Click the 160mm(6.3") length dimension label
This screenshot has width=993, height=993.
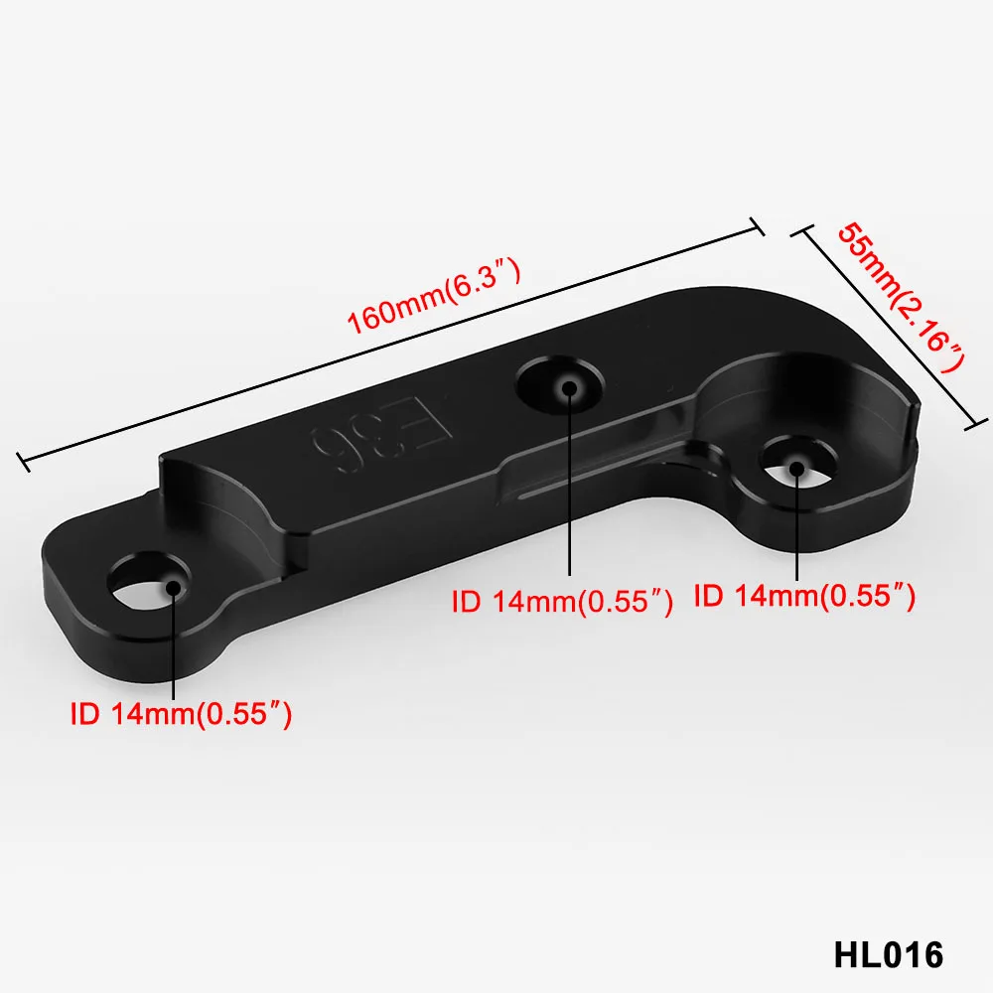[435, 295]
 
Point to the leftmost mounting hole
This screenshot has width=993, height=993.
[148, 583]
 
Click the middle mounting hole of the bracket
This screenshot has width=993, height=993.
[560, 384]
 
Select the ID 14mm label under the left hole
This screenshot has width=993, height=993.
[181, 714]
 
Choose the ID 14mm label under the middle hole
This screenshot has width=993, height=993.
[562, 602]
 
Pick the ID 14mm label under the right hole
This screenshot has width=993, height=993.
[805, 596]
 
